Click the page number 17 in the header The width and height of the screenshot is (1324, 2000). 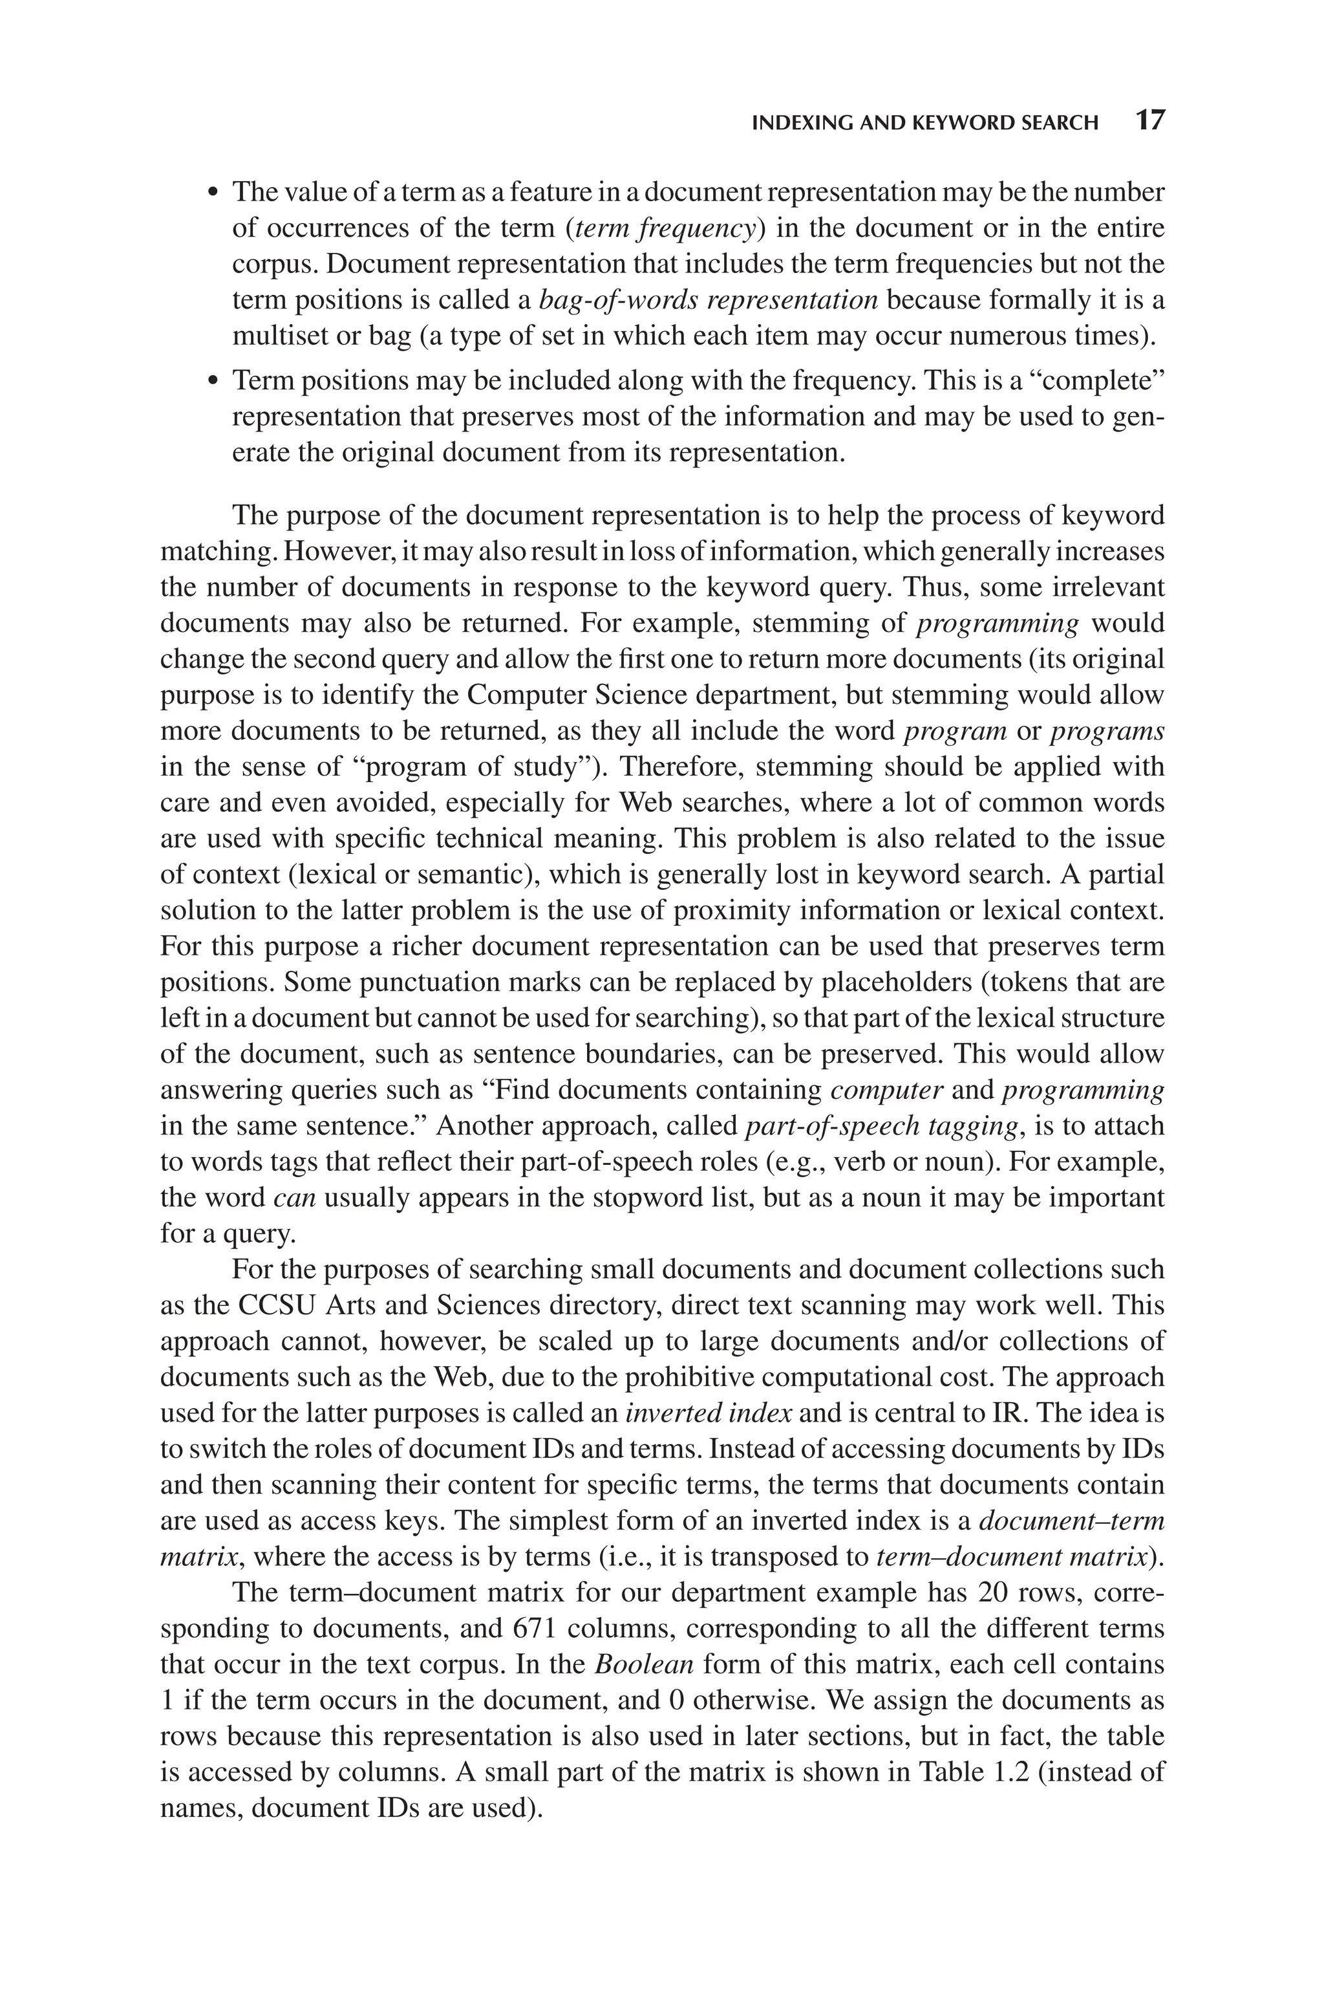click(x=1149, y=121)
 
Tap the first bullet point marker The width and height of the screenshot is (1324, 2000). click(x=213, y=193)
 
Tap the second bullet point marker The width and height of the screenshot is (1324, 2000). click(x=213, y=382)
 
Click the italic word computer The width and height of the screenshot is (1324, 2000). click(x=886, y=1091)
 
